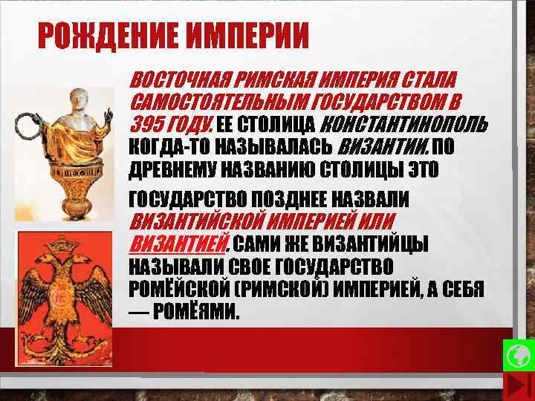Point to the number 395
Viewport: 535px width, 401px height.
click(x=146, y=122)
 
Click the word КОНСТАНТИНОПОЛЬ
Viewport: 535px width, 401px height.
click(x=405, y=122)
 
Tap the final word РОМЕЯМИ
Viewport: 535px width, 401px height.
click(x=196, y=311)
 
